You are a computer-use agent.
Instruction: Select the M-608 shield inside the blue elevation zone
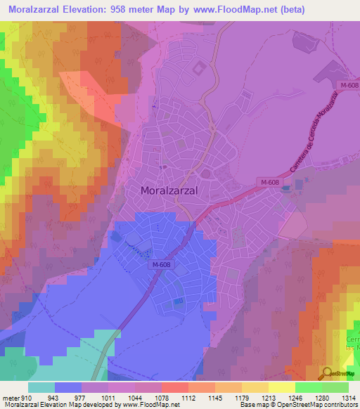click(x=160, y=265)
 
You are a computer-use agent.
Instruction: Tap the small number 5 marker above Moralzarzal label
click(x=162, y=167)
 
